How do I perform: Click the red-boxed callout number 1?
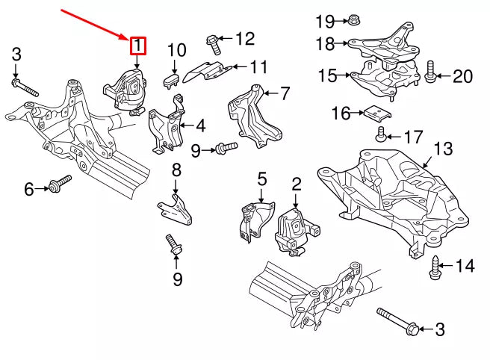137,46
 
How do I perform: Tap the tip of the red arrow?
128,40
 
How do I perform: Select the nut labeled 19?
354,19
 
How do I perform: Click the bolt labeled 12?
214,45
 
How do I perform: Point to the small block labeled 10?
171,80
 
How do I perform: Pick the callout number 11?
258,66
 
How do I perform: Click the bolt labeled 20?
430,72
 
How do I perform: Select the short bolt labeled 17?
381,134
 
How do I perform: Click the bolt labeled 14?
435,268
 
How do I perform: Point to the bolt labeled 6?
60,184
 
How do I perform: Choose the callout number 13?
443,149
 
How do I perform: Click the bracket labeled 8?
175,209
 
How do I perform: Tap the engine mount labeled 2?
295,232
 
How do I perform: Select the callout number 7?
284,93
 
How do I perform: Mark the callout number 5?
262,179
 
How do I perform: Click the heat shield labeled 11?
207,72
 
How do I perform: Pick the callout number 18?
326,43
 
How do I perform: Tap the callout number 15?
327,75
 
